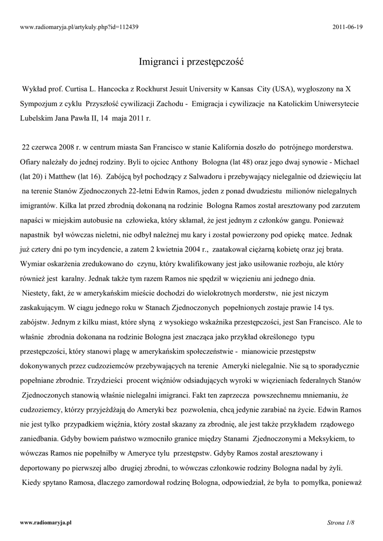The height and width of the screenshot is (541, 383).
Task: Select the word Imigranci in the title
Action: (x=157, y=62)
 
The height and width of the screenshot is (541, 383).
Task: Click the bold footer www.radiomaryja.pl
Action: (x=45, y=522)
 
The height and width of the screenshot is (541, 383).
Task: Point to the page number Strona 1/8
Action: (x=340, y=522)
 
